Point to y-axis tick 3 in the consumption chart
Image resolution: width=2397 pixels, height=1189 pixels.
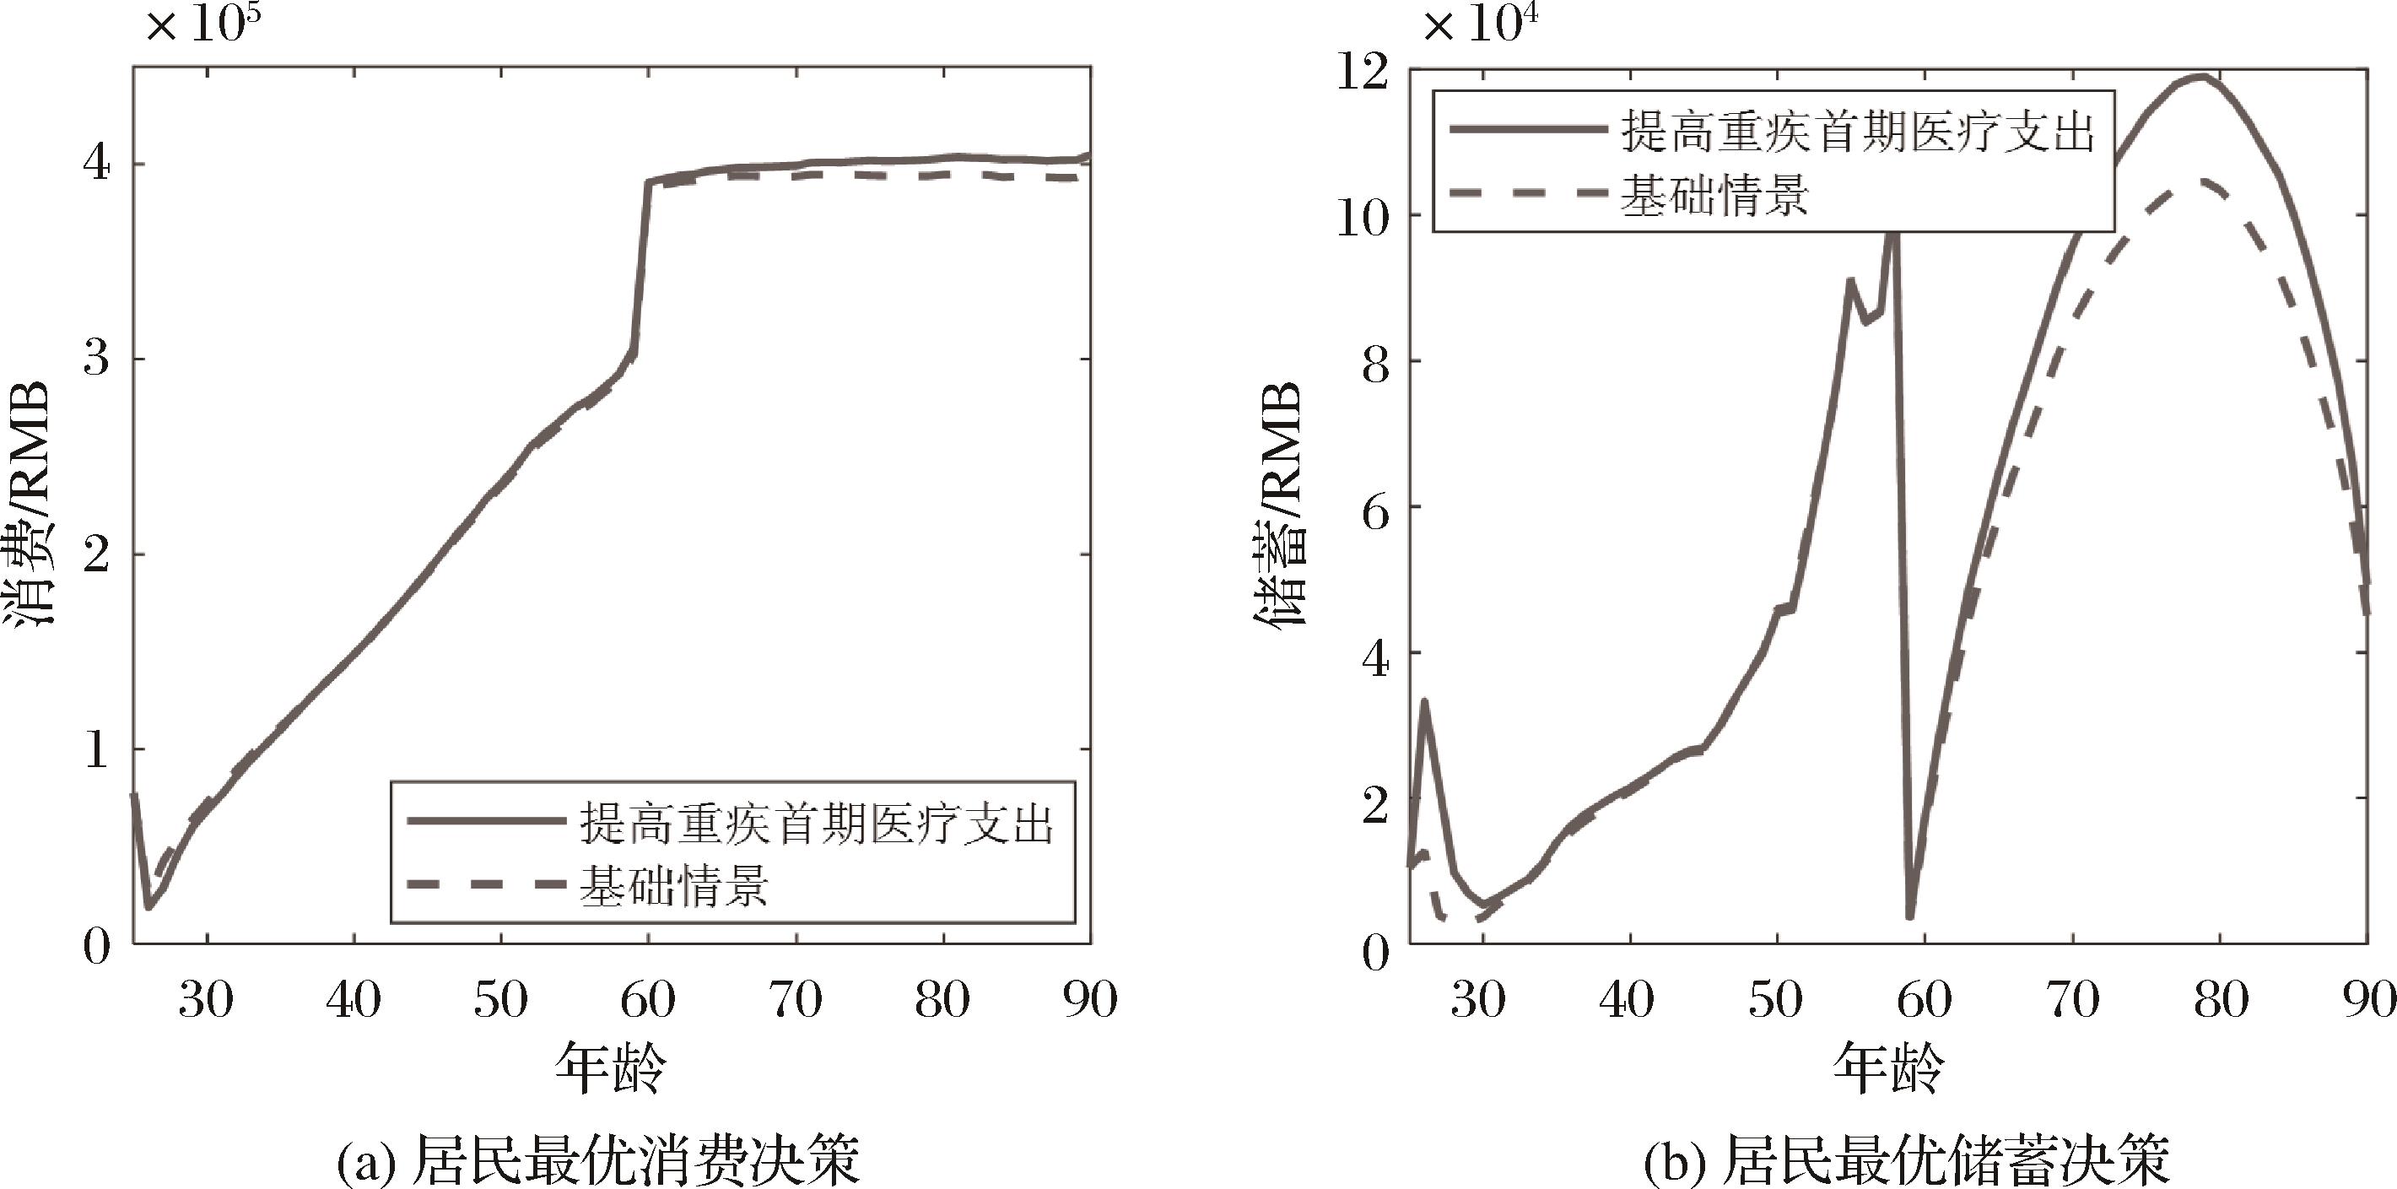pos(97,358)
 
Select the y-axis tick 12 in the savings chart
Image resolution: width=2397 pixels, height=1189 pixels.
pos(1362,71)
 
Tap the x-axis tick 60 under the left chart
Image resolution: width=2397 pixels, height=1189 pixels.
pos(648,1000)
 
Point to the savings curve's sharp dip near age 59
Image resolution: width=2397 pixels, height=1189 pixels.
pos(1909,916)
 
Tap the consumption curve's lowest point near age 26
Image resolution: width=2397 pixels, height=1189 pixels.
pos(148,906)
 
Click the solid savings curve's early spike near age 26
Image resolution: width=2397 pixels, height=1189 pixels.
pos(1423,702)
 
